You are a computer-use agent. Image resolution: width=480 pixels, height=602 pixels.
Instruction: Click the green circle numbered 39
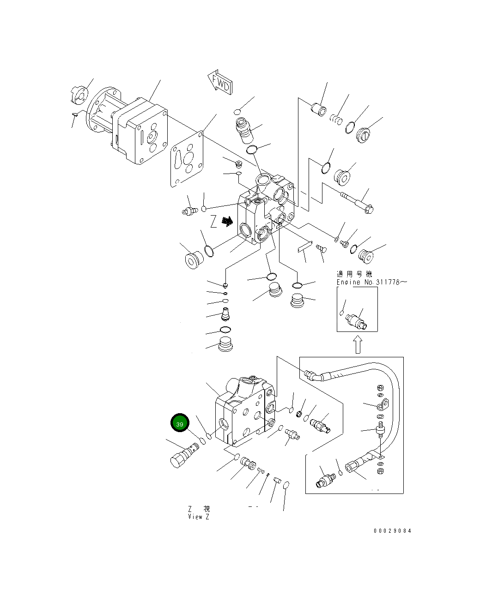tap(180, 424)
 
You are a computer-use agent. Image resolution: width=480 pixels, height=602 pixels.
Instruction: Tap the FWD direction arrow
tap(220, 83)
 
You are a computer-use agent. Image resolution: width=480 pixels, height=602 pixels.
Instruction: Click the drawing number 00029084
tap(392, 530)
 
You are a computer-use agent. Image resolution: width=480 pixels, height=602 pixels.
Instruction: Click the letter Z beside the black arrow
tap(213, 222)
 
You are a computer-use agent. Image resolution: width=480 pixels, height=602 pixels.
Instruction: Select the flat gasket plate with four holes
tap(187, 160)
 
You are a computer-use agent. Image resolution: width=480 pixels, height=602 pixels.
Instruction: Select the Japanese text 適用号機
tap(354, 274)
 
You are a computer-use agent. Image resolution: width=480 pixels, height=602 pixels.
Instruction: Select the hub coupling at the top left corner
tap(78, 94)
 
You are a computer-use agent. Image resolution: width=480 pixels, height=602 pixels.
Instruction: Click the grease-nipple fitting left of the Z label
tap(188, 211)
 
